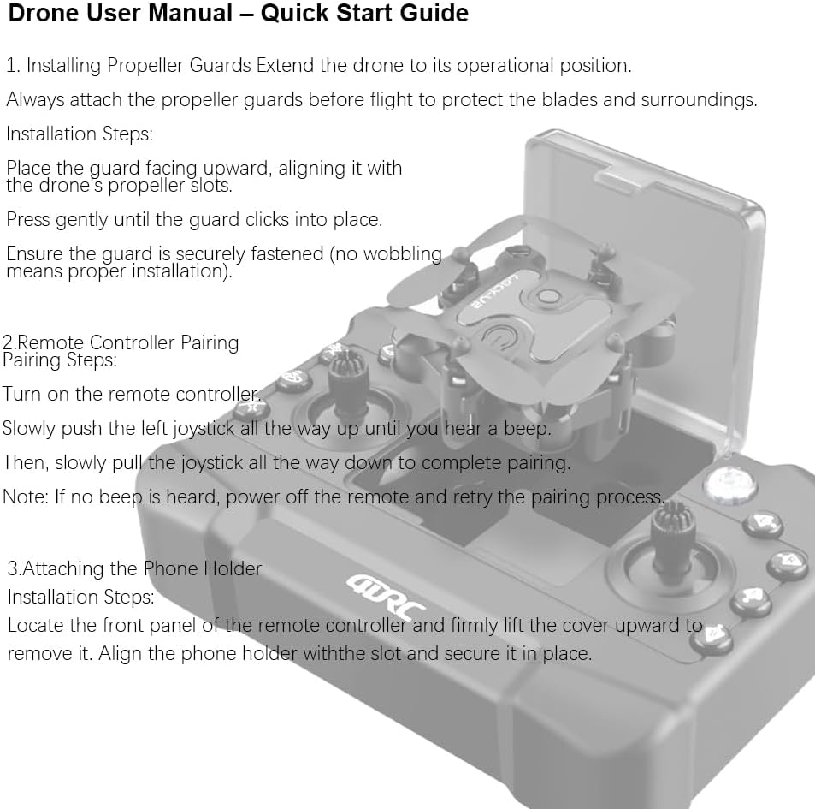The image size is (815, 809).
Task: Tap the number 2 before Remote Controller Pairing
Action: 8,342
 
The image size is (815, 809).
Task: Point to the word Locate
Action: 36,625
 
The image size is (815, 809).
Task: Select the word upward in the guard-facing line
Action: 234,168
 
